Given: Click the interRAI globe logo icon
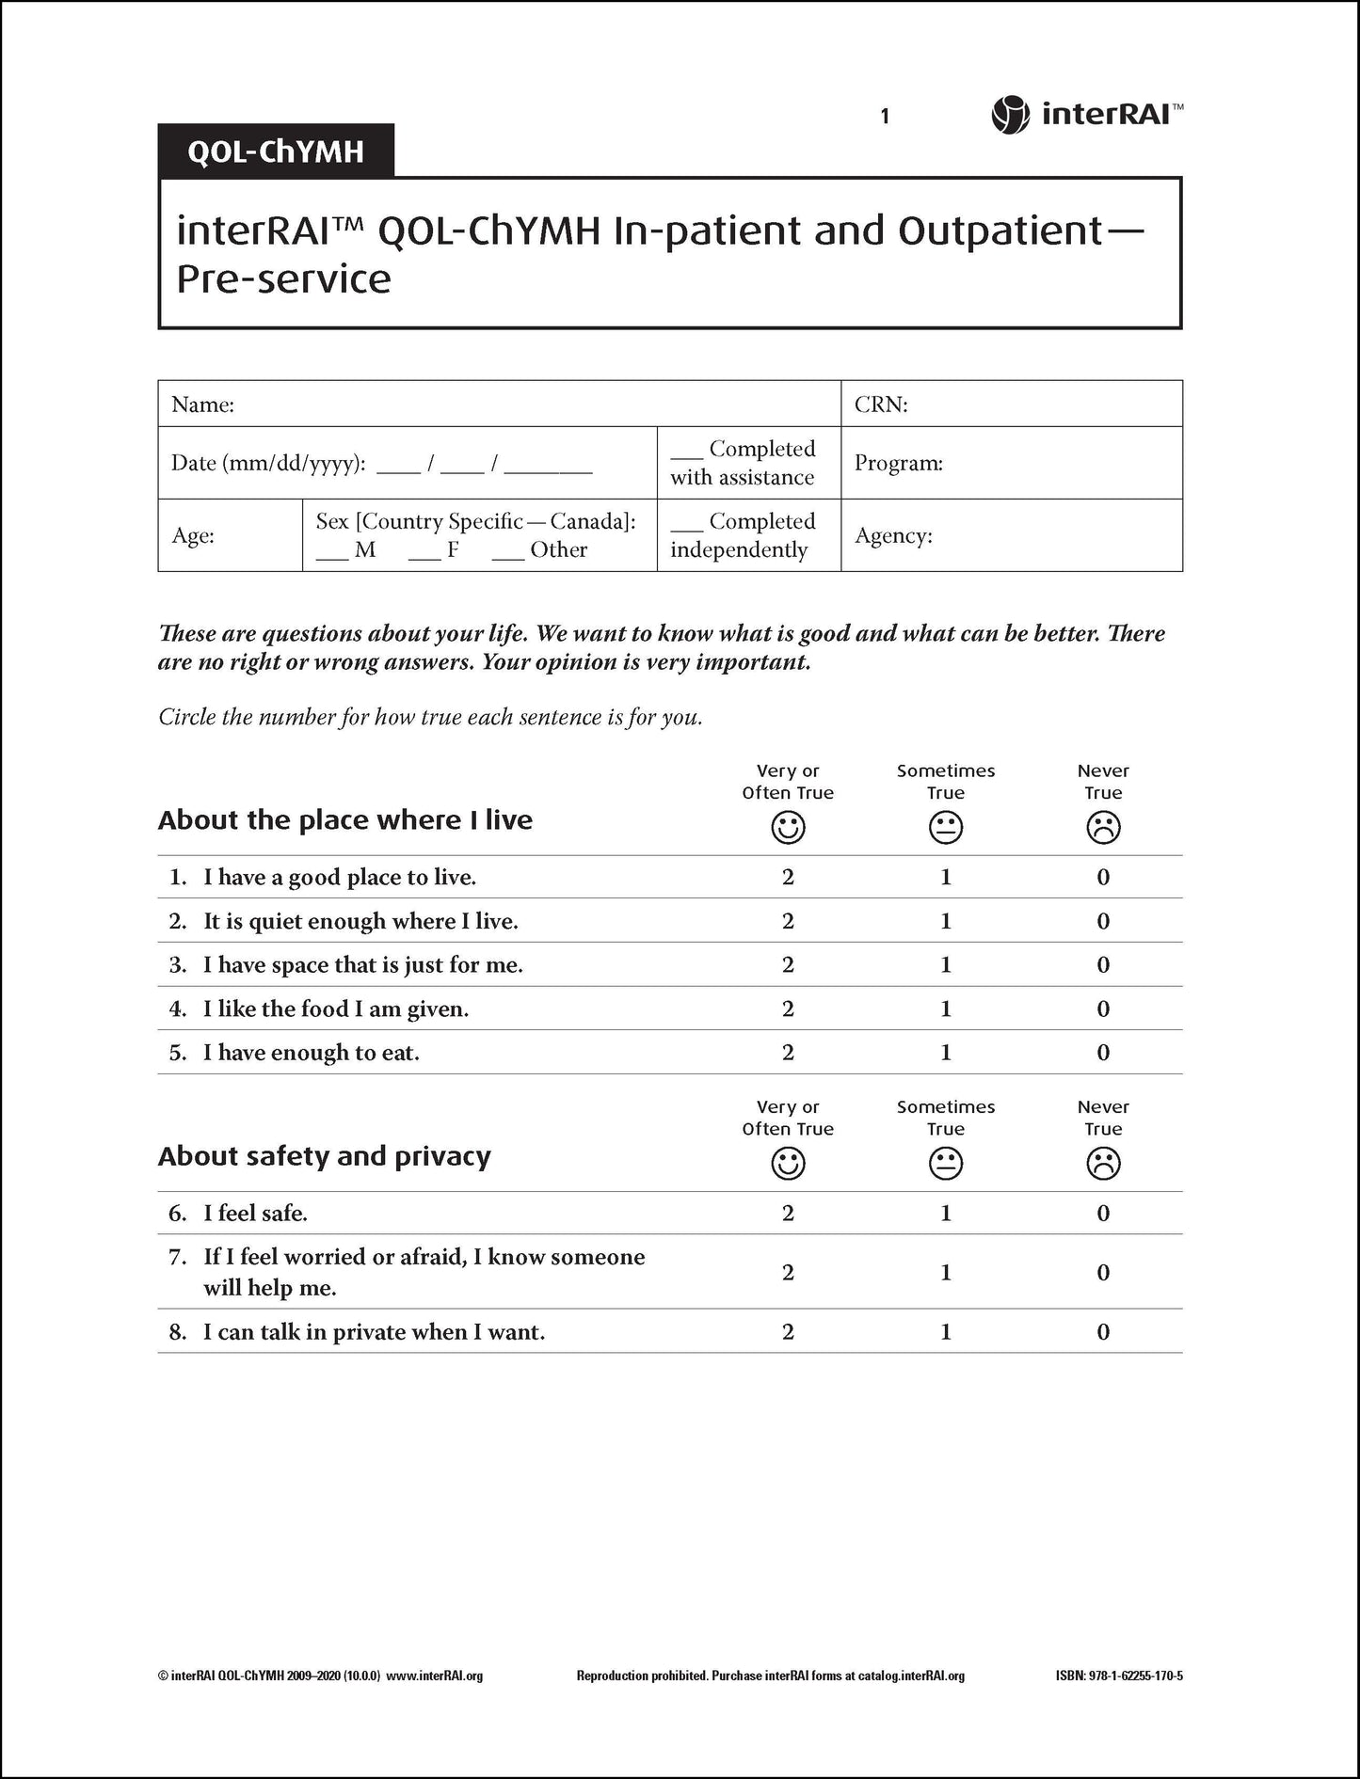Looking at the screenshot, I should point(1011,116).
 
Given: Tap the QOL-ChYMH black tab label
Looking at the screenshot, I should point(275,151).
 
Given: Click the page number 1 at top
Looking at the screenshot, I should point(885,117).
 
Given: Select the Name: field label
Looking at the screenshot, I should point(202,405).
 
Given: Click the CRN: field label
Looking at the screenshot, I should point(881,405).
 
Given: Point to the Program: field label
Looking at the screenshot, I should point(898,464).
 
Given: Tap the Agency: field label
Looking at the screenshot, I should point(893,536).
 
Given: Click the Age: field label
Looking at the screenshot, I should point(193,536).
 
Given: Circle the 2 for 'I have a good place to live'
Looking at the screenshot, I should point(788,878).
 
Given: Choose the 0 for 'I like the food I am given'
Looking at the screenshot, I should point(1103,1009).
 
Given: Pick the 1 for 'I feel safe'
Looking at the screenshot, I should point(946,1214).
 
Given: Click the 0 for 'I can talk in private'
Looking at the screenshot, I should point(1103,1332).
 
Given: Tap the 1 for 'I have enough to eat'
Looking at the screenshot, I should point(946,1053).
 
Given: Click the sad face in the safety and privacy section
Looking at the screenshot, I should point(1103,1165).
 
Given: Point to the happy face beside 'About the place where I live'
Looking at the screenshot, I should point(788,828).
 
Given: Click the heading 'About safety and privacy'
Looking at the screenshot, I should point(325,1156).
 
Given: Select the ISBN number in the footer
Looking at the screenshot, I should point(1119,1676).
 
